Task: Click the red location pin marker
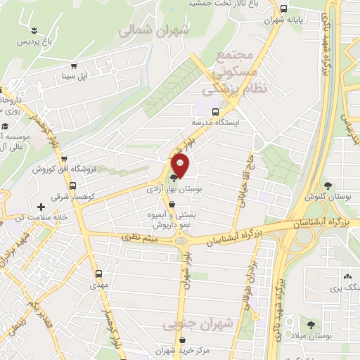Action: coord(181,166)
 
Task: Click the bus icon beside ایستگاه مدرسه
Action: coord(215,111)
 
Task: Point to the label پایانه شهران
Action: coord(283,20)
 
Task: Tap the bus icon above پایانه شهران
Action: coord(283,8)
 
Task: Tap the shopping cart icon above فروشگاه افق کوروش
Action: coord(64,159)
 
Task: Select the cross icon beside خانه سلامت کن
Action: coord(41,207)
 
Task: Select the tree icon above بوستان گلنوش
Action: coord(328,185)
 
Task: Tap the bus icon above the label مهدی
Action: coord(98,275)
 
